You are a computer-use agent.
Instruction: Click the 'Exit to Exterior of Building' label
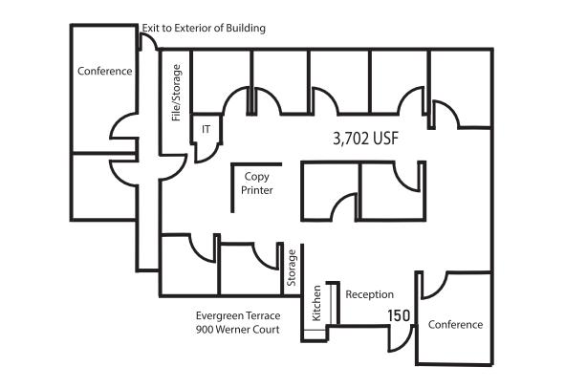[x=204, y=28]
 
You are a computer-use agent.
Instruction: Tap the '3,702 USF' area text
[x=365, y=139]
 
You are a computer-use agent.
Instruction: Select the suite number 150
[x=399, y=316]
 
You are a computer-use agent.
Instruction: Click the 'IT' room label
[x=206, y=129]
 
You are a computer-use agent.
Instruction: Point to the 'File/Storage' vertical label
[x=176, y=93]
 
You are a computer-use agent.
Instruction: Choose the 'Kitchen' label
[x=316, y=303]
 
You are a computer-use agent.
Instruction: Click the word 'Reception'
[x=369, y=294]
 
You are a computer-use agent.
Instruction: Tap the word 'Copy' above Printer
[x=256, y=177]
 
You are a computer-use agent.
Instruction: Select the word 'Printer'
[x=256, y=190]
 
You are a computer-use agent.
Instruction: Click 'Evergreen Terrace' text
[x=238, y=316]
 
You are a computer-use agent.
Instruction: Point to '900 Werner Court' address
[x=237, y=330]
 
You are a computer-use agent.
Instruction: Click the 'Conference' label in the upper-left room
[x=105, y=71]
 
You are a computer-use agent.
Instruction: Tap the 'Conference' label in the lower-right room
[x=455, y=325]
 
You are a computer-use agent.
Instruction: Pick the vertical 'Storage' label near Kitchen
[x=292, y=268]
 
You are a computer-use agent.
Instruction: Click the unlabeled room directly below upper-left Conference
[x=104, y=186]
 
